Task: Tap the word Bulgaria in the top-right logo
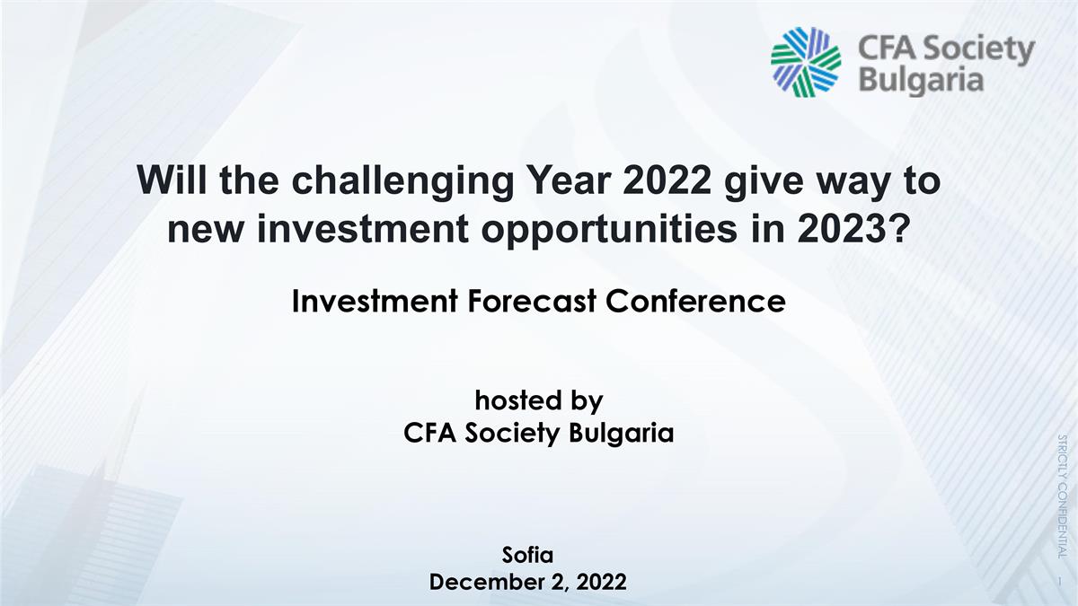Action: pyautogui.click(x=921, y=81)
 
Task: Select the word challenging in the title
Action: pyautogui.click(x=402, y=181)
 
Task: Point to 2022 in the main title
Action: pyautogui.click(x=667, y=180)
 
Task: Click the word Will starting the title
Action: pyautogui.click(x=174, y=180)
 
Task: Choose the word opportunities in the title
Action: pyautogui.click(x=609, y=231)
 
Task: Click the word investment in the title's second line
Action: pyautogui.click(x=363, y=229)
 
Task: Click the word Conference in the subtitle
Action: pyautogui.click(x=695, y=302)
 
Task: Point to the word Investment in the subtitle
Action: pyautogui.click(x=375, y=302)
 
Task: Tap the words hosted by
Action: pyautogui.click(x=539, y=400)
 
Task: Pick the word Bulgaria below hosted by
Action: pyautogui.click(x=622, y=434)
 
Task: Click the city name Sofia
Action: pyautogui.click(x=527, y=555)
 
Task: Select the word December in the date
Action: pyautogui.click(x=486, y=582)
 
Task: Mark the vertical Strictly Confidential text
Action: pyautogui.click(x=1063, y=496)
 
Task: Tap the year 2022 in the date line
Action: pyautogui.click(x=602, y=582)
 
